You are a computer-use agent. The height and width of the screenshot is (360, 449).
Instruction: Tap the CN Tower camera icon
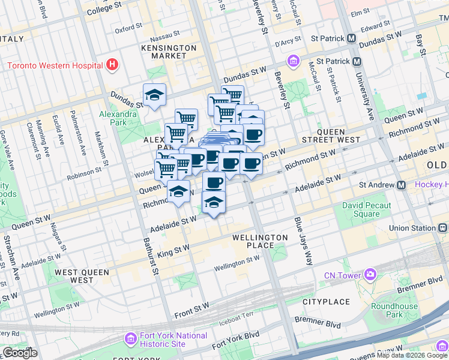click(370, 275)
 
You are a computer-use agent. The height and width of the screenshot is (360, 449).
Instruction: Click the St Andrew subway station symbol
click(402, 185)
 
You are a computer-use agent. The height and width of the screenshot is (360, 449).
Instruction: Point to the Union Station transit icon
click(442, 228)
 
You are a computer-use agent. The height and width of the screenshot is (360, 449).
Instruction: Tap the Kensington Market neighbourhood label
click(169, 52)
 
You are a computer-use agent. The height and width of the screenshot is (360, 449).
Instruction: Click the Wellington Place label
click(260, 242)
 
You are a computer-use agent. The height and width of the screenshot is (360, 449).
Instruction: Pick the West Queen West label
click(82, 276)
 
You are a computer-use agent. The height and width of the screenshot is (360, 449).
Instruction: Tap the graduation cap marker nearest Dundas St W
click(154, 95)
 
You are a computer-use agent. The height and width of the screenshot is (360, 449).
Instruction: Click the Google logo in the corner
click(20, 353)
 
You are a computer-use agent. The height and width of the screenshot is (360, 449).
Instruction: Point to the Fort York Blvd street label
click(236, 340)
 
